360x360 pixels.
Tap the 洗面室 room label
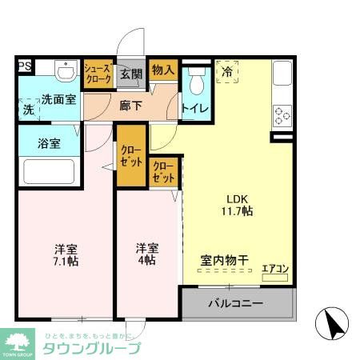59,100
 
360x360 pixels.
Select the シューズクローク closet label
98,74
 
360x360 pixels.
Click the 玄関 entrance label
130,74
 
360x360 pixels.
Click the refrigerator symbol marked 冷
227,73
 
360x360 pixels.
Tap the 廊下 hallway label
130,104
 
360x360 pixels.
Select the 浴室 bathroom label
49,144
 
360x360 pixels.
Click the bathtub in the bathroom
48,171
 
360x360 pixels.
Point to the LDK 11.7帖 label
238,205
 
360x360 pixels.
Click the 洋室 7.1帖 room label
66,254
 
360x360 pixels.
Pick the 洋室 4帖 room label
146,254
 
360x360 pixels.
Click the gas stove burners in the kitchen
282,117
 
